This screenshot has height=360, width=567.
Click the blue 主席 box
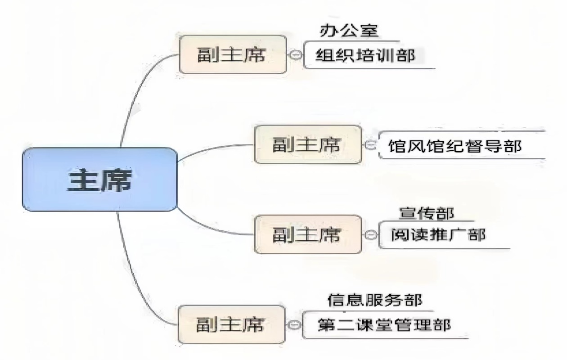[100, 179]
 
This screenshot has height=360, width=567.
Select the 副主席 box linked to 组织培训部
[232, 55]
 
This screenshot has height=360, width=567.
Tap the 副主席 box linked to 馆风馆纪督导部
[308, 144]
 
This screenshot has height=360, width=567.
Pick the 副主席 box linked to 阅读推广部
[308, 234]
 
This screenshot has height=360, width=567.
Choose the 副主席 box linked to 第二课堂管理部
[232, 324]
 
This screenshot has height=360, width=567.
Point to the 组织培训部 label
[364, 55]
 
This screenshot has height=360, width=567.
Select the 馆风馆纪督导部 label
[455, 146]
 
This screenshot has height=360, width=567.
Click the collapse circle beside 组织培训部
[296, 55]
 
